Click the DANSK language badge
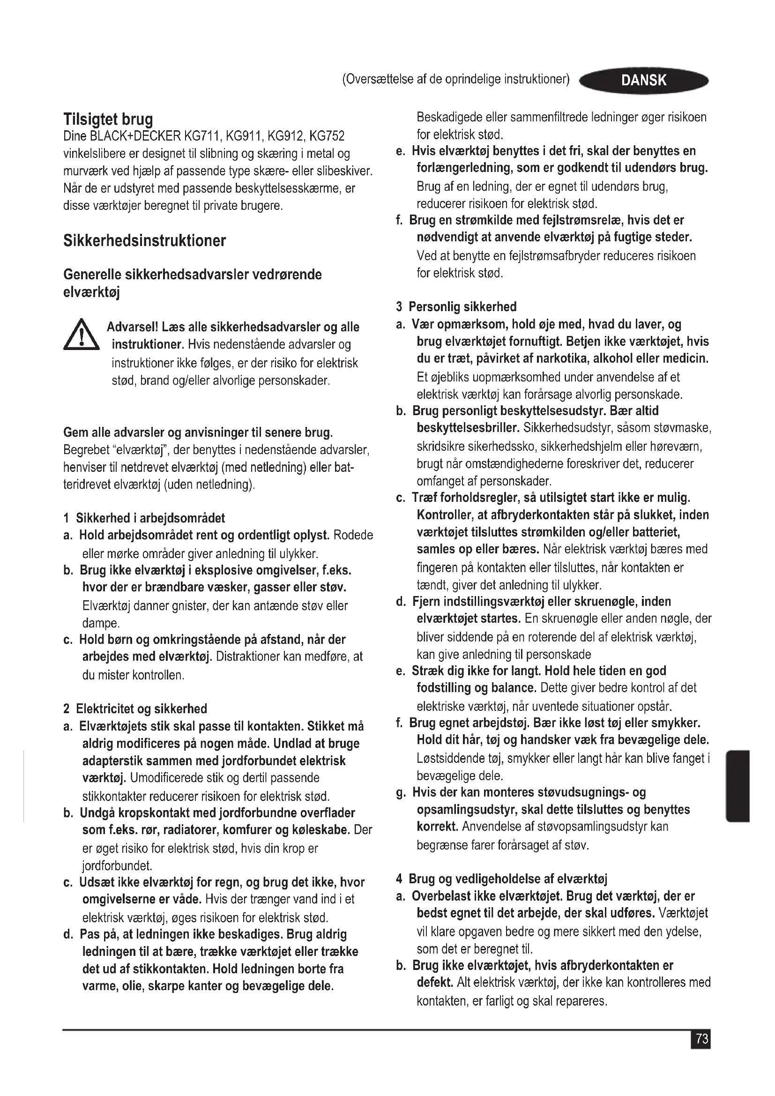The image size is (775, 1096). tap(643, 80)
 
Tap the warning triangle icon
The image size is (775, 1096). tap(82, 335)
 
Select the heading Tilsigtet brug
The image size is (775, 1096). tap(108, 119)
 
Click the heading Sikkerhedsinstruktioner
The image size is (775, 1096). tap(145, 240)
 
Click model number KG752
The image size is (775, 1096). tap(327, 136)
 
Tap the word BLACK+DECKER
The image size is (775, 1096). tap(135, 136)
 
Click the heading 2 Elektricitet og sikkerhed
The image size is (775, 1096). tap(135, 708)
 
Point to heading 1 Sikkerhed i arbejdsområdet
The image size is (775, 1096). tap(144, 518)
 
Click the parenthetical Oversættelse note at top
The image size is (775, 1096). tap(456, 79)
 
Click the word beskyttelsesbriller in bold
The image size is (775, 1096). tap(468, 428)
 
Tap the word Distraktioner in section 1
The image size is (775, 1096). tap(248, 656)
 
